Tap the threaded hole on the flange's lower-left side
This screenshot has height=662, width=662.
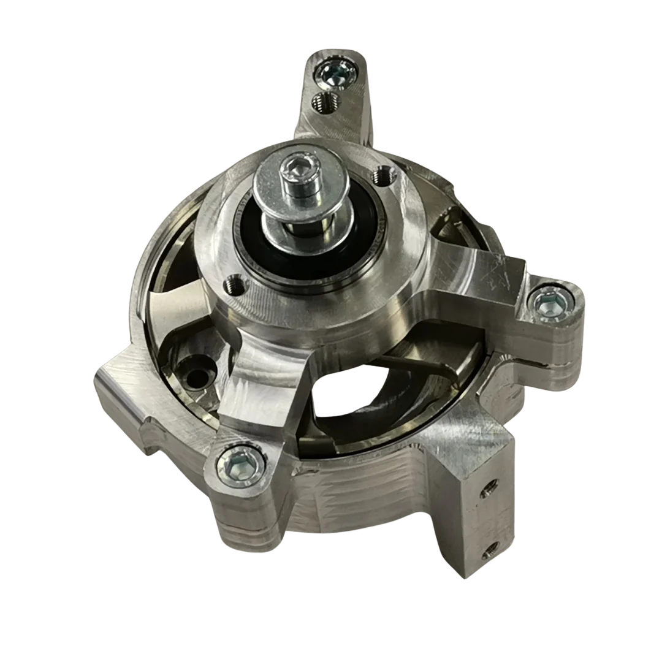point(235,284)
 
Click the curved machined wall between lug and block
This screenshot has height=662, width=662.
point(356,490)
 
